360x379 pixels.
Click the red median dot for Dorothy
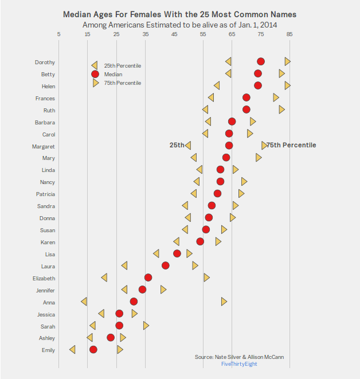click(x=261, y=61)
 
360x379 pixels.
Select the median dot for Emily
click(x=93, y=350)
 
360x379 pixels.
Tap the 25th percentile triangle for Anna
click(x=84, y=302)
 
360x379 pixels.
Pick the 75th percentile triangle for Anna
click(x=224, y=301)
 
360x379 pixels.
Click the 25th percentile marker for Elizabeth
click(x=104, y=278)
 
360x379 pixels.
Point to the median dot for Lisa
click(x=177, y=253)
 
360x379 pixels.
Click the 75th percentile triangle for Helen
click(x=287, y=85)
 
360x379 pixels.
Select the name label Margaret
click(x=45, y=146)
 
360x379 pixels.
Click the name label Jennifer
click(x=45, y=290)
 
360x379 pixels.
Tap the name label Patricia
click(x=45, y=194)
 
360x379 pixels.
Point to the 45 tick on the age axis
click(x=174, y=34)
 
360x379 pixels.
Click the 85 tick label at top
click(x=289, y=34)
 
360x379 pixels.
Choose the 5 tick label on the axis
click(x=59, y=34)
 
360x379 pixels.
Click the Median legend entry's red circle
click(x=95, y=74)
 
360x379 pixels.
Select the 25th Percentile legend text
click(x=122, y=66)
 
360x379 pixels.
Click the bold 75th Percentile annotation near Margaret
click(x=291, y=146)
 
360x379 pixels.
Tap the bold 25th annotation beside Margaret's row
click(x=177, y=146)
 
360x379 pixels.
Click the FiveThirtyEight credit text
click(x=239, y=364)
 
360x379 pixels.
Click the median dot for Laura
click(x=166, y=265)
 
